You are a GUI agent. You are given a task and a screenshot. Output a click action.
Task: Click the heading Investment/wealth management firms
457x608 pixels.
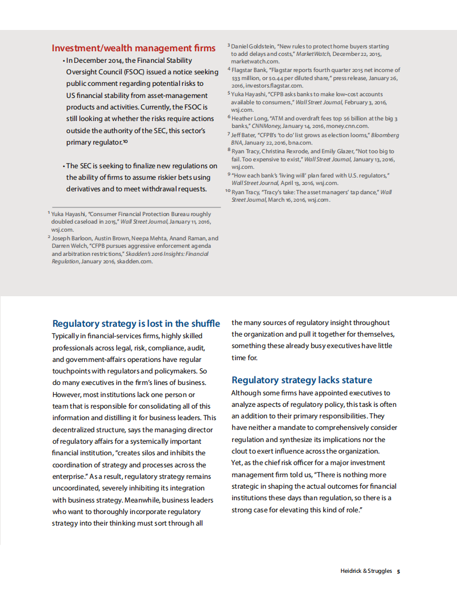pyautogui.click(x=134, y=48)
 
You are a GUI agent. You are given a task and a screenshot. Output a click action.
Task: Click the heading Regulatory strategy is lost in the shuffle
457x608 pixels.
pyautogui.click(x=136, y=323)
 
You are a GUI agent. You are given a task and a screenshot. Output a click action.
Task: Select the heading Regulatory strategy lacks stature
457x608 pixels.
pyautogui.click(x=301, y=380)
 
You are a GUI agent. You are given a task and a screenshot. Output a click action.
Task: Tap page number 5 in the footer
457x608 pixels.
pyautogui.click(x=398, y=571)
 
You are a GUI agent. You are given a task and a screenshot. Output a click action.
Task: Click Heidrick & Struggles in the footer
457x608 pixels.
pyautogui.click(x=366, y=571)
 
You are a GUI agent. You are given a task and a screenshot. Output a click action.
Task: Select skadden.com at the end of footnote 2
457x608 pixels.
pyautogui.click(x=135, y=261)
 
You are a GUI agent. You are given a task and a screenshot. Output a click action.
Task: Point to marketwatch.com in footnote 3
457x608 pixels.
pyautogui.click(x=255, y=61)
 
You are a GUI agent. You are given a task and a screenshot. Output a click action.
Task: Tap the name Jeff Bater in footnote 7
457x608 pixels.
pyautogui.click(x=244, y=135)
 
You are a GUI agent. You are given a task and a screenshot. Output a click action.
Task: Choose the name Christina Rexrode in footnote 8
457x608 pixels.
pyautogui.click(x=286, y=152)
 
